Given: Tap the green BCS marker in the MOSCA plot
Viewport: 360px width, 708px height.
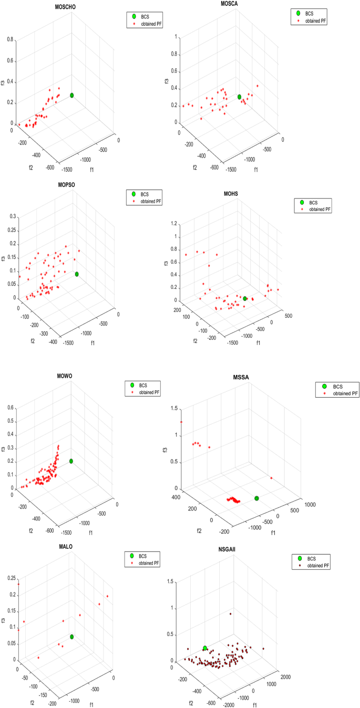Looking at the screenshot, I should tap(239, 97).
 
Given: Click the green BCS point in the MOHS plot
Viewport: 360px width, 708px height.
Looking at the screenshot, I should tap(245, 298).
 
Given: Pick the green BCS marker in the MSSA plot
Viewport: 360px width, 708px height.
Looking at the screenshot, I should tap(256, 498).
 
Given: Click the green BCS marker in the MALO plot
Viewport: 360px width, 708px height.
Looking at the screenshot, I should tap(71, 637).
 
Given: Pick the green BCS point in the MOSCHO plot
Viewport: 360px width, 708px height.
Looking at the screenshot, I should tap(71, 95).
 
